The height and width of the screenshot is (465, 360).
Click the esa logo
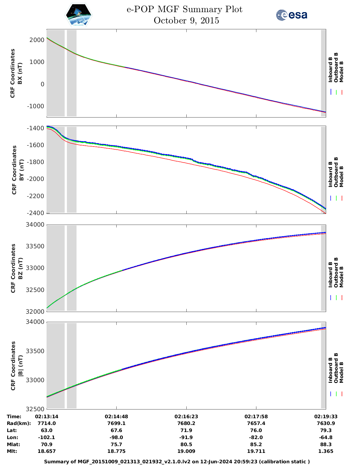coord(291,15)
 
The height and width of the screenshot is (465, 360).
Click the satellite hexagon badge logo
coord(79,15)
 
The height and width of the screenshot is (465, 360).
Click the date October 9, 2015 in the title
coord(186,21)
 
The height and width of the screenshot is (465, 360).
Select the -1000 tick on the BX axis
coord(36,106)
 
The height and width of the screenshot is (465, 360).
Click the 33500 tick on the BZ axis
coord(35,246)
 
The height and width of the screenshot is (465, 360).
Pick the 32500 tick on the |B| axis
coord(35,409)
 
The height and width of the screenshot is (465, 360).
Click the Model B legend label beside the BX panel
coord(341,72)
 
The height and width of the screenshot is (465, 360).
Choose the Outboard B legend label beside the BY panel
coord(336,172)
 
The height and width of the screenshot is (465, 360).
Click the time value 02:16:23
coord(186,417)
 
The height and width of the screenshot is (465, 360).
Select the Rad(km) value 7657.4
coord(256,423)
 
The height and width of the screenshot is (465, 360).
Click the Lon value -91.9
coord(186,437)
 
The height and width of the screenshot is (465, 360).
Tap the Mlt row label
coord(12,451)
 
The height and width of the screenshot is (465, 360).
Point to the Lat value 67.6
coord(116,430)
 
